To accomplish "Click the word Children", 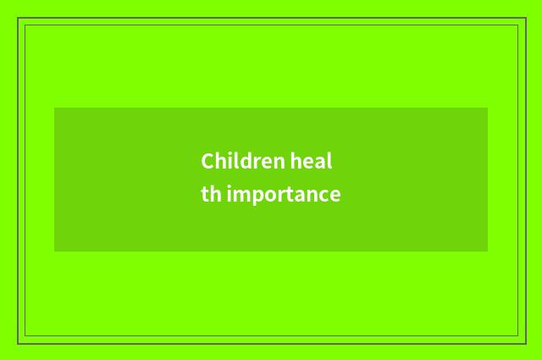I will pyautogui.click(x=243, y=161).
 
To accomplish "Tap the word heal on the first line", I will pyautogui.click(x=311, y=161).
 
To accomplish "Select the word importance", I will pyautogui.click(x=284, y=196).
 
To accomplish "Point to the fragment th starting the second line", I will pyautogui.click(x=211, y=195).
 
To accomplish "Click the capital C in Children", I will pyautogui.click(x=207, y=161).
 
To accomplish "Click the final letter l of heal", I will pyautogui.click(x=329, y=160).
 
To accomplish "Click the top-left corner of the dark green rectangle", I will pyautogui.click(x=54, y=108).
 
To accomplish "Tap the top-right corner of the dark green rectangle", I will pyautogui.click(x=488, y=108).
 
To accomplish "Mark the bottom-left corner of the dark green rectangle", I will pyautogui.click(x=54, y=252).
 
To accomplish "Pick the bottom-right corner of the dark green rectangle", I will pyautogui.click(x=488, y=252).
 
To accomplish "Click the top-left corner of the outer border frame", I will pyautogui.click(x=18, y=18).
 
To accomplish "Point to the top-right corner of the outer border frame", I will pyautogui.click(x=525, y=18).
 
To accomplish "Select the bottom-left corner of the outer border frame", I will pyautogui.click(x=18, y=343).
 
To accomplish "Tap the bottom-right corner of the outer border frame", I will pyautogui.click(x=525, y=343).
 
